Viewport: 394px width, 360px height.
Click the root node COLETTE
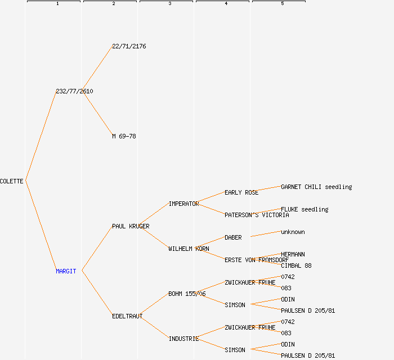[x=12, y=181]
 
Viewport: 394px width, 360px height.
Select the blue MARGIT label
[x=66, y=271]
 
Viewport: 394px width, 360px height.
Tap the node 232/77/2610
[x=74, y=91]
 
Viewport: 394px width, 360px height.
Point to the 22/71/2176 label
[x=129, y=46]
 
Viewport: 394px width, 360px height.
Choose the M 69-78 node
[x=124, y=136]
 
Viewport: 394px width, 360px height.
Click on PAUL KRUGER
[x=131, y=226]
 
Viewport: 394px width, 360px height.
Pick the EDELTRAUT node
[x=127, y=316]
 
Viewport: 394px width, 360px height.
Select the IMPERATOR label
[x=183, y=204]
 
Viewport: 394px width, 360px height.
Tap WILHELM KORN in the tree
[x=189, y=249]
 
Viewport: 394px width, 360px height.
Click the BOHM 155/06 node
[x=187, y=294]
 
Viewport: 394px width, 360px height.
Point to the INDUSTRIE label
[x=183, y=339]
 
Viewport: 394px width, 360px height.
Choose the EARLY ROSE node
[x=241, y=192]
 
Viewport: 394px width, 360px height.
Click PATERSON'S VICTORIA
[x=257, y=215]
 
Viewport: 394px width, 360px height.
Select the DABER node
[x=233, y=237]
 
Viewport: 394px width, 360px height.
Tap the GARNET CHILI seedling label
[x=316, y=187]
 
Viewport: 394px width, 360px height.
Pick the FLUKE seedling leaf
[x=305, y=209]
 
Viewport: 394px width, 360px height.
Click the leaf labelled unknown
[x=293, y=232]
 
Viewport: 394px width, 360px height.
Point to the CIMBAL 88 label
[x=296, y=265]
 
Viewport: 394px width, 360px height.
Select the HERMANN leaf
[x=293, y=254]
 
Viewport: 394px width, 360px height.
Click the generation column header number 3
[x=169, y=4]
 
